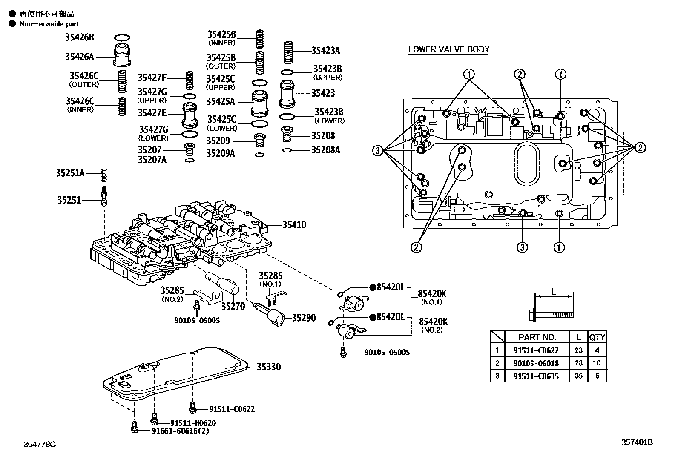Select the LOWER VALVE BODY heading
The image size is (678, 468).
[x=448, y=49]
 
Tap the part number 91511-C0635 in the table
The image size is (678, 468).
[x=536, y=376]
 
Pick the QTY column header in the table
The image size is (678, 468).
[x=597, y=337]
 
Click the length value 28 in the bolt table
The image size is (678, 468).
[x=578, y=363]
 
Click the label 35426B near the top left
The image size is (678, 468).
[x=79, y=37]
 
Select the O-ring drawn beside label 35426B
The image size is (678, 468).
[x=122, y=37]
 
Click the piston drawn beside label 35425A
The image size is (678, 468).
[x=259, y=103]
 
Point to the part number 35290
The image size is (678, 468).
[x=304, y=318]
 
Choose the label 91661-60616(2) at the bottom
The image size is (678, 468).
[x=180, y=431]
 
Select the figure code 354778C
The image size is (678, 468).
[x=40, y=445]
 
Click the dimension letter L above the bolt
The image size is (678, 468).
[x=554, y=292]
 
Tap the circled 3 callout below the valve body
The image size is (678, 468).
[x=523, y=247]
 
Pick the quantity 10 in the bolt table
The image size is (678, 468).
[x=597, y=363]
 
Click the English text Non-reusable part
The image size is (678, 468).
[x=49, y=24]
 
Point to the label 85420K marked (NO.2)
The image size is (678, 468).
[x=433, y=322]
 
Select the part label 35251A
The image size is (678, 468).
[x=70, y=173]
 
